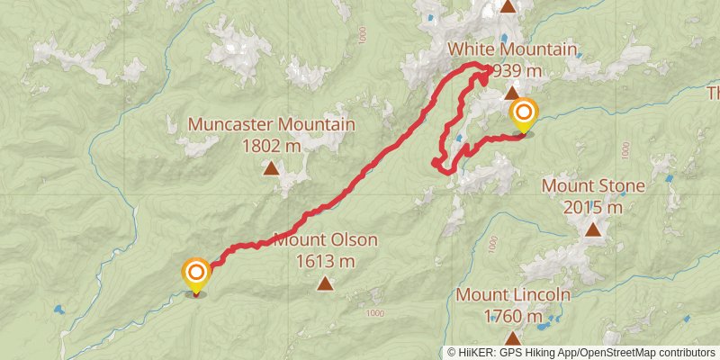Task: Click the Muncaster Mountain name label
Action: (x=271, y=124)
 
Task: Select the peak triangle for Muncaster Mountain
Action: (x=271, y=166)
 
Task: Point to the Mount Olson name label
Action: (x=325, y=240)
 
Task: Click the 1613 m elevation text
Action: (x=325, y=261)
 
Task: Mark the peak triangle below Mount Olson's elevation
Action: (x=325, y=284)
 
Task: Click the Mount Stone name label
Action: (x=593, y=186)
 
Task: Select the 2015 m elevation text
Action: (x=593, y=207)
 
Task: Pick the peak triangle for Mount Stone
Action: (x=593, y=229)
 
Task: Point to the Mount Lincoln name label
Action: (x=513, y=295)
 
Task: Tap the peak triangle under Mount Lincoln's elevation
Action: (x=513, y=338)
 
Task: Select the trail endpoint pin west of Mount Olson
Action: (x=196, y=273)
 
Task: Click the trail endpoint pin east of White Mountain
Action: (x=523, y=115)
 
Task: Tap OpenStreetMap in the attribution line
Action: (x=617, y=353)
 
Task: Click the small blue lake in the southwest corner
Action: (x=58, y=310)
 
